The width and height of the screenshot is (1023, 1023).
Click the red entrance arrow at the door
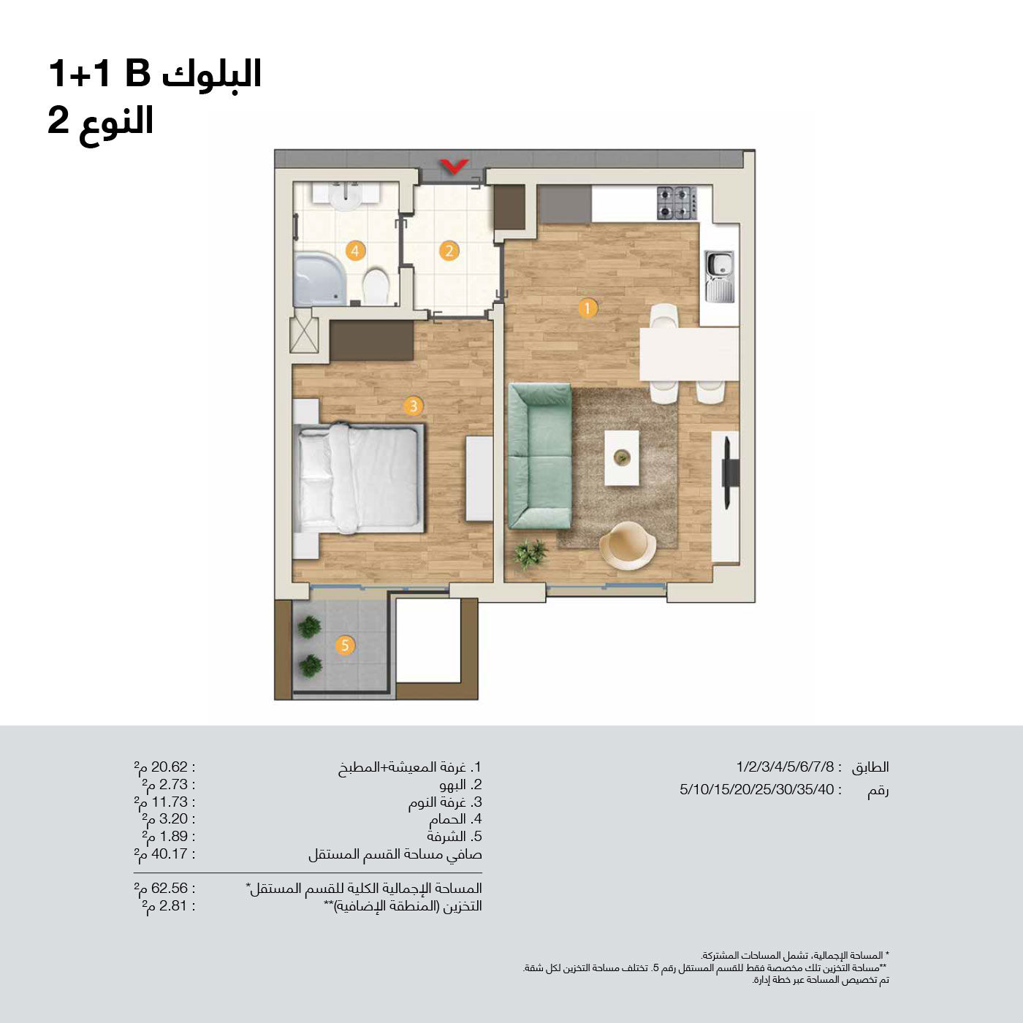pyautogui.click(x=454, y=167)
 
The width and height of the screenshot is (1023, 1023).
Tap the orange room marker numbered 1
pyautogui.click(x=587, y=308)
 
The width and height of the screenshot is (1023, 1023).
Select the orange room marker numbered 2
pyautogui.click(x=449, y=251)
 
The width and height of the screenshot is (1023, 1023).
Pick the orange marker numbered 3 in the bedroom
pyautogui.click(x=413, y=406)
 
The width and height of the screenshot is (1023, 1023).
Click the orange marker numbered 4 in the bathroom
pyautogui.click(x=355, y=251)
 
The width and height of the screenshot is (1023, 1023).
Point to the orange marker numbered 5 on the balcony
pyautogui.click(x=345, y=645)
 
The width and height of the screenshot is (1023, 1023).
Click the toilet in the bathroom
pyautogui.click(x=376, y=286)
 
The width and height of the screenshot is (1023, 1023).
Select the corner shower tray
pyautogui.click(x=319, y=279)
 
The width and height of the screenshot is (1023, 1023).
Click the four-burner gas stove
pyautogui.click(x=677, y=203)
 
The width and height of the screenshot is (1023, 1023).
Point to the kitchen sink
pyautogui.click(x=719, y=276)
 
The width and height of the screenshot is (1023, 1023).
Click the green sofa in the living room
pyautogui.click(x=540, y=456)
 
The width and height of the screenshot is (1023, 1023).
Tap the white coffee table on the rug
pyautogui.click(x=622, y=457)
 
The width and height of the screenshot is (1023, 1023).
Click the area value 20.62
pyautogui.click(x=170, y=767)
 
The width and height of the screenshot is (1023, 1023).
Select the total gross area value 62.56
pyautogui.click(x=170, y=888)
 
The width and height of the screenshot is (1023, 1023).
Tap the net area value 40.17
pyautogui.click(x=170, y=853)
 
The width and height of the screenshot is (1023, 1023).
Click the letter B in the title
pyautogui.click(x=138, y=73)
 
